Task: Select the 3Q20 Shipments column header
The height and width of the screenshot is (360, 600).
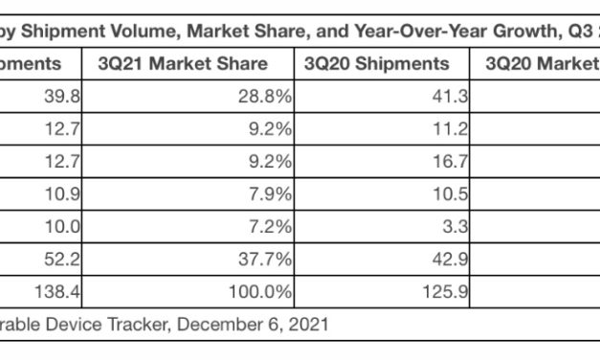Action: pyautogui.click(x=376, y=65)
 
